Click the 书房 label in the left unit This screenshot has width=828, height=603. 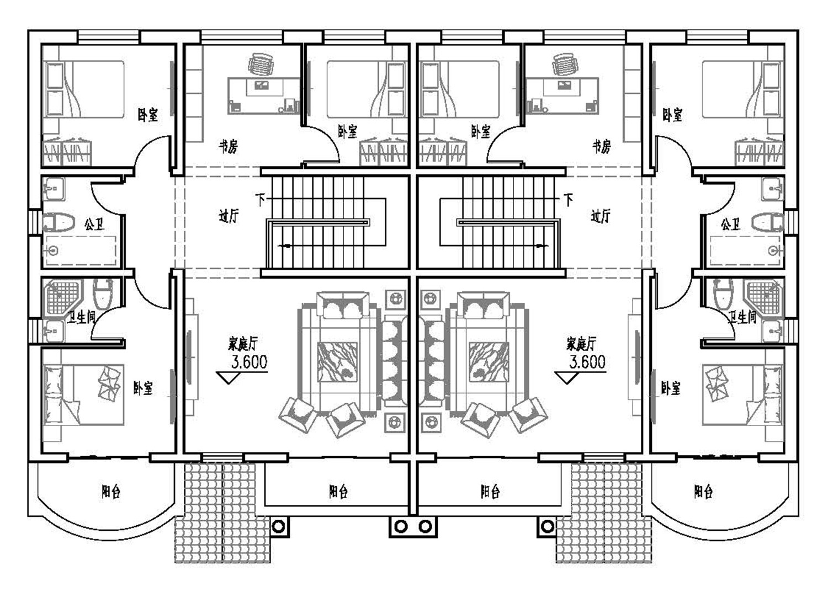[228, 147]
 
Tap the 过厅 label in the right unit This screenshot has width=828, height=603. [601, 216]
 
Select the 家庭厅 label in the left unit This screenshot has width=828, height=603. [243, 344]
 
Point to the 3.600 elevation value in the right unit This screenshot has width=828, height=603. [588, 362]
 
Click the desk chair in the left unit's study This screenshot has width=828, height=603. [261, 65]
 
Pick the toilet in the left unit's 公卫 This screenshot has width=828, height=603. [59, 222]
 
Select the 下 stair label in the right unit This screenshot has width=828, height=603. [568, 199]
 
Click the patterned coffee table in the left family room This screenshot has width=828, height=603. [337, 362]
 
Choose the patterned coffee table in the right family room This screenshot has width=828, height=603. [489, 362]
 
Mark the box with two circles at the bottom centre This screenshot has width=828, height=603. [413, 526]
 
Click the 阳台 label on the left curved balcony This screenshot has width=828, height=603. [111, 491]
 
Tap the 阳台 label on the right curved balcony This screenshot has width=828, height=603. [703, 491]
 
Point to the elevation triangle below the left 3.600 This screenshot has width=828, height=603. [227, 378]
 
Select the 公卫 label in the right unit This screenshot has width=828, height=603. [730, 224]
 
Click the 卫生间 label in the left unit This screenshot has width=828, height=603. [81, 317]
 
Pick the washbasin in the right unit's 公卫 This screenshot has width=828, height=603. [772, 189]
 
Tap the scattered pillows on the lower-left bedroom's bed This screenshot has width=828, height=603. [109, 382]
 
